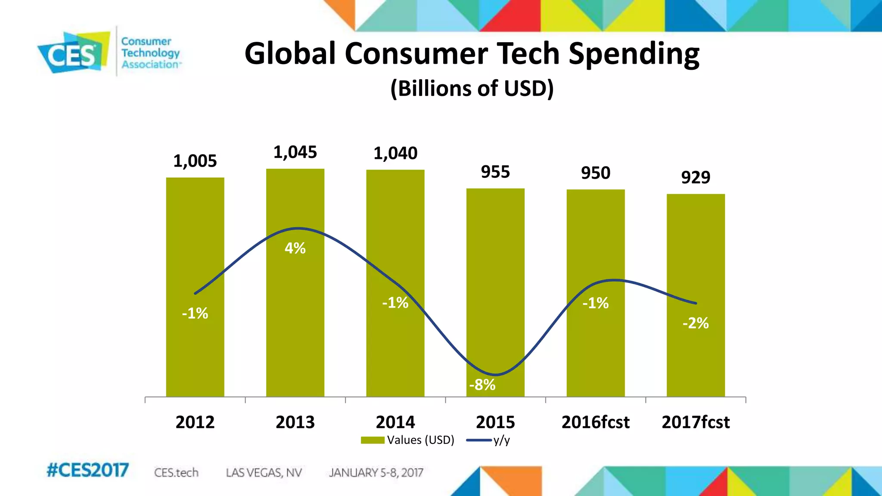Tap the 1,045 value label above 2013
(x=295, y=152)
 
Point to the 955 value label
(x=495, y=172)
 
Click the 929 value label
(x=696, y=177)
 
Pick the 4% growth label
(x=295, y=248)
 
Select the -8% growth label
(x=482, y=384)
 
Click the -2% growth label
(x=696, y=323)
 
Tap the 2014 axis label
(x=395, y=422)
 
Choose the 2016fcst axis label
(x=596, y=422)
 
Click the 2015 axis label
(x=495, y=422)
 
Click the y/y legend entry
(x=489, y=440)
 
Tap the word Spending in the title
(x=634, y=54)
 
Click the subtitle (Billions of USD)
(x=472, y=88)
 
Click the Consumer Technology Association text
(x=149, y=53)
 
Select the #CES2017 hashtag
(x=88, y=470)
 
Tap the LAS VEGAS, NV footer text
(x=264, y=473)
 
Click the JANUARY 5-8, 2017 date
(x=376, y=473)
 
